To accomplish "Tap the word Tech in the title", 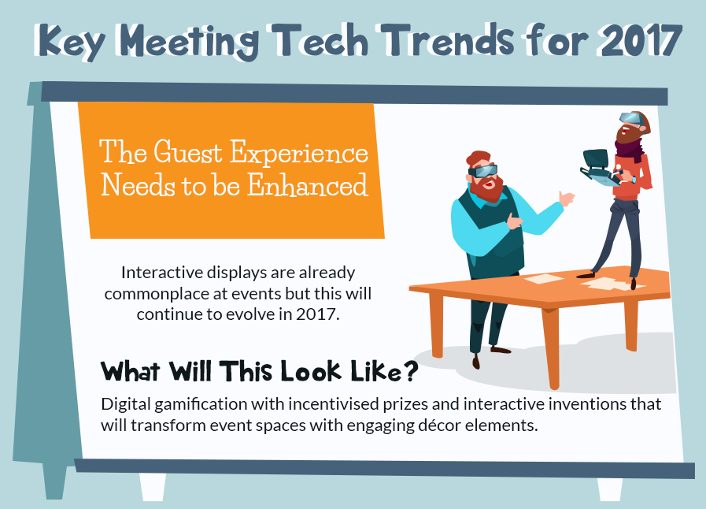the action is (321, 39).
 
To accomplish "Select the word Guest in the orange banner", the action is (188, 152).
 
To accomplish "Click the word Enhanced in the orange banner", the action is (308, 185).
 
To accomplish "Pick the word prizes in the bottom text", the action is (405, 405).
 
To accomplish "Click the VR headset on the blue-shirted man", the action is (483, 170).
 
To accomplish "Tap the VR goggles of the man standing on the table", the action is (631, 118).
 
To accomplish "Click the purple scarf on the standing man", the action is (629, 149).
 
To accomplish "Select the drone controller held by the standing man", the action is (599, 169).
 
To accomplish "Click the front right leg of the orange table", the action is (553, 348).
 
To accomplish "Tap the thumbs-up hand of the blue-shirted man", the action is (566, 198).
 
